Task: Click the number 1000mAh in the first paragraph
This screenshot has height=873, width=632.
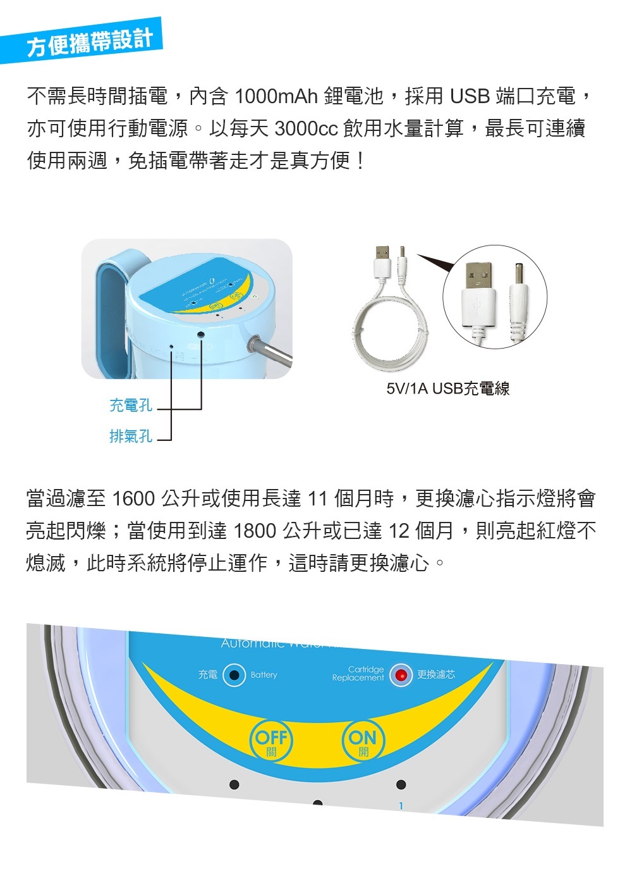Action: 276,96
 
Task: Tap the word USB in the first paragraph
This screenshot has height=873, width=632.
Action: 470,96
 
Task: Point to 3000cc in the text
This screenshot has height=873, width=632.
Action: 307,128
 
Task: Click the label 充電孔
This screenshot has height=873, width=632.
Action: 131,405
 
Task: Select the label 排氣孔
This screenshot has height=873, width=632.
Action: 131,436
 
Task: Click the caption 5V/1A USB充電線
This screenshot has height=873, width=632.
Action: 448,388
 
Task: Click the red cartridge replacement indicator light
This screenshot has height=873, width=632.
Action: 400,675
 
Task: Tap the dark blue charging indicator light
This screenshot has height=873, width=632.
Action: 234,675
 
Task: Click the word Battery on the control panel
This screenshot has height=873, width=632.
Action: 264,675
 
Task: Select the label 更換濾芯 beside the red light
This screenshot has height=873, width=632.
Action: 435,674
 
